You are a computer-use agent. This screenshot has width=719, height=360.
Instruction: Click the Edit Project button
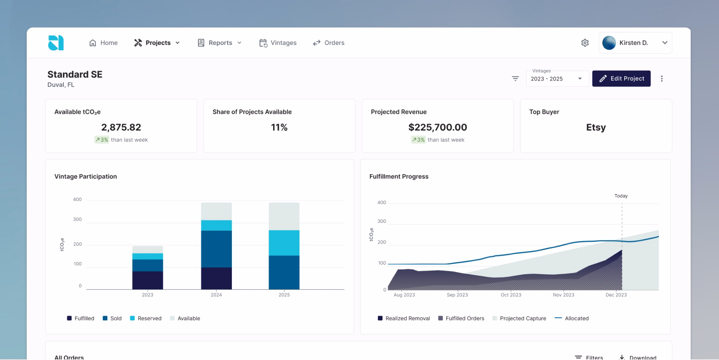[x=621, y=78]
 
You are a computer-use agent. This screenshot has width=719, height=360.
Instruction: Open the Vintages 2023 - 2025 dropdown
[x=557, y=78]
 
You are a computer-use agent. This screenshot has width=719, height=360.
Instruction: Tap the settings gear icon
[x=585, y=43]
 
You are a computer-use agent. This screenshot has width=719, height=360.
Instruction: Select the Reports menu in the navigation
[x=220, y=43]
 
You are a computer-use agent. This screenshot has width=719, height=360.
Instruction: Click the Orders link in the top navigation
[x=329, y=43]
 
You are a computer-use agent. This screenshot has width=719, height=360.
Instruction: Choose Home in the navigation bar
[x=104, y=43]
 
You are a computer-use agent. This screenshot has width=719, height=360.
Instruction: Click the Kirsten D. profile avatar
[x=609, y=43]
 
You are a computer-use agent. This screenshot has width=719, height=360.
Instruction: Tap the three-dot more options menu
[x=661, y=78]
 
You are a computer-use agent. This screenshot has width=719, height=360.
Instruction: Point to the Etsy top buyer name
[x=596, y=127]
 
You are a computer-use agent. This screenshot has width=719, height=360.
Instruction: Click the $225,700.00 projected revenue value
[x=437, y=127]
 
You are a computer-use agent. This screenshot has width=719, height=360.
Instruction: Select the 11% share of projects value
[x=279, y=127]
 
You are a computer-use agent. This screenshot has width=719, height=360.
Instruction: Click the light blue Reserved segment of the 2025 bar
[x=284, y=243]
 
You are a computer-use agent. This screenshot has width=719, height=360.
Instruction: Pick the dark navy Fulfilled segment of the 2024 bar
[x=216, y=278]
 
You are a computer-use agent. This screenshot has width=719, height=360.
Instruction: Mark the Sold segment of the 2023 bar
[x=148, y=265]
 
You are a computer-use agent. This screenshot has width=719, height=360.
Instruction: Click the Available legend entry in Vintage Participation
[x=185, y=318]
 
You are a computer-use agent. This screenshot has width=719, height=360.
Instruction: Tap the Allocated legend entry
[x=571, y=318]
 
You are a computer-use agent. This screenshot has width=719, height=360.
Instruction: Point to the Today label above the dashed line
[x=621, y=196]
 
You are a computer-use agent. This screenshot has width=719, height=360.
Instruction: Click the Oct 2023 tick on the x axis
[x=511, y=295]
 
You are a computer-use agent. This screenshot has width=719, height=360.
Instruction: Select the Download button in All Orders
[x=638, y=357]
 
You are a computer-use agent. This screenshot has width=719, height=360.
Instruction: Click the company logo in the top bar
[x=56, y=43]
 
